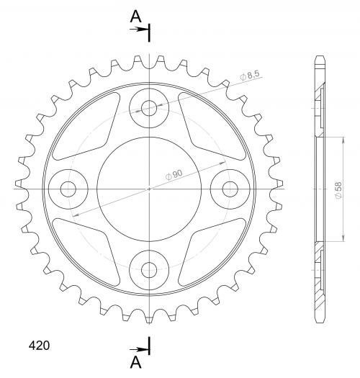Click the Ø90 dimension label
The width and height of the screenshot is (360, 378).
pos(174,174)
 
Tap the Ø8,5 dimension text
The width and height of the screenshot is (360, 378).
pos(250,76)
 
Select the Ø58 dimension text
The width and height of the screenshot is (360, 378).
pos(338,190)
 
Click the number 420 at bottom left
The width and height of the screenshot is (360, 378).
pos(39,346)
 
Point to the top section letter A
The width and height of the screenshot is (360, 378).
pos(136,17)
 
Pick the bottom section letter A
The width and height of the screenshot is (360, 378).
pos(136,362)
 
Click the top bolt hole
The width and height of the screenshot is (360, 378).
pos(149,108)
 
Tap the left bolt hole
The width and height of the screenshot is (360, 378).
pos(68,189)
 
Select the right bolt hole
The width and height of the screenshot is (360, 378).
pos(230,189)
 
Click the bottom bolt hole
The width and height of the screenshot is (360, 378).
pos(149,270)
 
